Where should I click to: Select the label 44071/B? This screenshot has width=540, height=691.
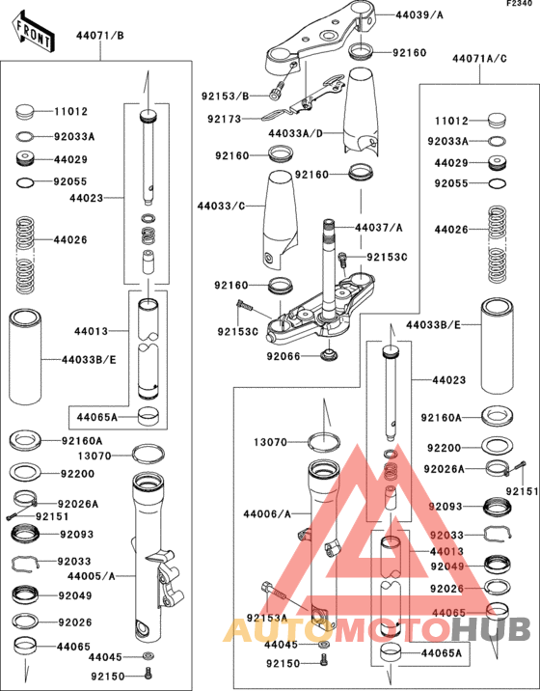tap(99, 36)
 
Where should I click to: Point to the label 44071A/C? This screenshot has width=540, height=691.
tap(479, 59)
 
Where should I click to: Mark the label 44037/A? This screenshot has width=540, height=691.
tap(378, 228)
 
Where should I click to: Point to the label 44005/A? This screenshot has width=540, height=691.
tap(93, 575)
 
